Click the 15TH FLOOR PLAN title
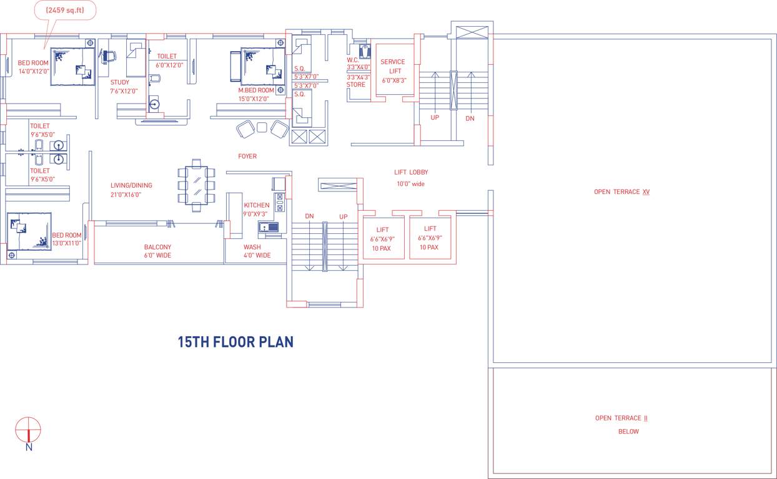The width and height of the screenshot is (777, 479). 235,342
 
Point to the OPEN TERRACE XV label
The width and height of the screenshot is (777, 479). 621,192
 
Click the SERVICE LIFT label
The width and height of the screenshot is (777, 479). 393,66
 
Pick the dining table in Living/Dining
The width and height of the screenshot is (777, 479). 197,185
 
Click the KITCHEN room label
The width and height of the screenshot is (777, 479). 257,205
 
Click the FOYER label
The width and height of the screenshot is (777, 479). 247,157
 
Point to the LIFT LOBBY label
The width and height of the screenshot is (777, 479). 411,172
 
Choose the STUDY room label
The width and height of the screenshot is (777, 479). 120,82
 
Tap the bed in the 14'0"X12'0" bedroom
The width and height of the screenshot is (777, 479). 72,66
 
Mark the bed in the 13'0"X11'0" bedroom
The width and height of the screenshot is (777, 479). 29,231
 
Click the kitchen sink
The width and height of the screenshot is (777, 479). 270,228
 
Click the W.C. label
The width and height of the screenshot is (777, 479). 353,60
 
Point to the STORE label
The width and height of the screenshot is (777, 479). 356,85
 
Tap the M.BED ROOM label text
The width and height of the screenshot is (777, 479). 255,90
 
